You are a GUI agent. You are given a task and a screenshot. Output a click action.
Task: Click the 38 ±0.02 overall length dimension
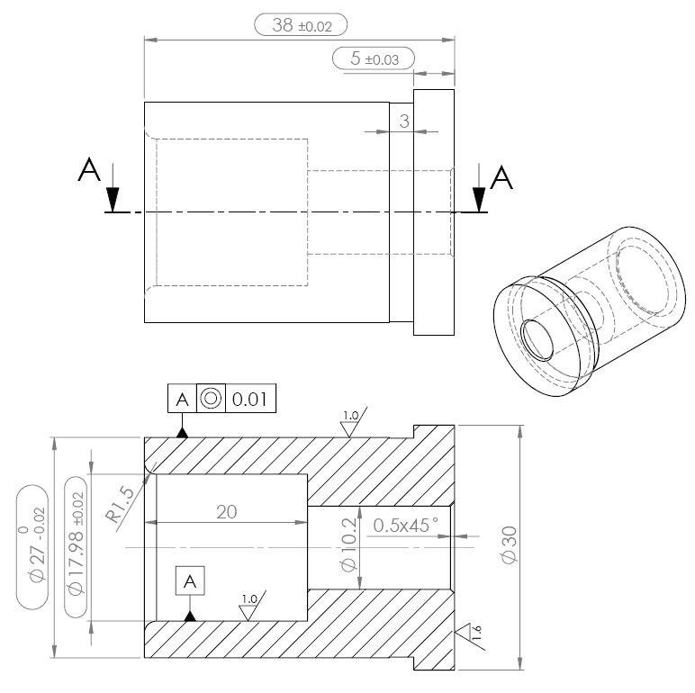tap(301, 25)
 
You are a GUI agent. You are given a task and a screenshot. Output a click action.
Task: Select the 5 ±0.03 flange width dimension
tap(373, 58)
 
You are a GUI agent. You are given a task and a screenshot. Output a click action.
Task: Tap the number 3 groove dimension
tap(403, 121)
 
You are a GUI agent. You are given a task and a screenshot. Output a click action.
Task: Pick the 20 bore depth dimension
tap(227, 511)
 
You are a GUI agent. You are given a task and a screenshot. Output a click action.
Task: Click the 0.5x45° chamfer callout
tap(406, 524)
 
